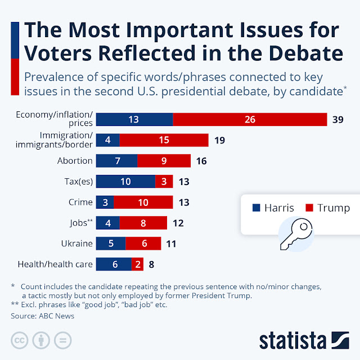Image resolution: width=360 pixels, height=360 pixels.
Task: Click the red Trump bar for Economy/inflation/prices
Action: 250,119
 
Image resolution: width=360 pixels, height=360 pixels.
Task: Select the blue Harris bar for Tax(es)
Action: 125,181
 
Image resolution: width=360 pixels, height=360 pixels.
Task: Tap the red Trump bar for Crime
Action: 143,202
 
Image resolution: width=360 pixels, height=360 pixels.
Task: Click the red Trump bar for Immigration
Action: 164,140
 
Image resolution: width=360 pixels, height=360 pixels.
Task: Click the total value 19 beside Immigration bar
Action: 219,140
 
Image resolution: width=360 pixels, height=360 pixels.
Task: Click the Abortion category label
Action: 75,161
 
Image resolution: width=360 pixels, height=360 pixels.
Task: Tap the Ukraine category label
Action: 76,243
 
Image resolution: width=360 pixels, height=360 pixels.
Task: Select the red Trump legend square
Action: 309,208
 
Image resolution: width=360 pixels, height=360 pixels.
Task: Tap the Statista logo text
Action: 292,340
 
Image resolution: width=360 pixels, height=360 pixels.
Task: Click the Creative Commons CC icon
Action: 19,341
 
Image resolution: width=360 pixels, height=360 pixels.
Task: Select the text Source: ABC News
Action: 42,316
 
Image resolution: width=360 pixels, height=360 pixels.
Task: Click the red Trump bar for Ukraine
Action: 143,243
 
